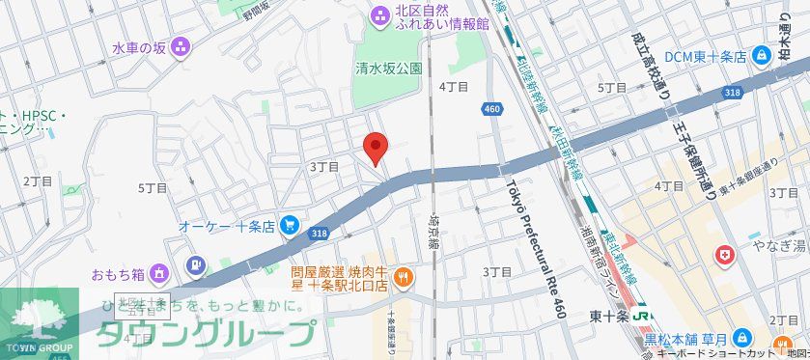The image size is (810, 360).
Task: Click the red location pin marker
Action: click(375, 148)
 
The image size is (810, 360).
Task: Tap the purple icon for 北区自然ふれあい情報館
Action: click(379, 14)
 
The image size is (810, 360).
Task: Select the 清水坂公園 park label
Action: click(389, 68)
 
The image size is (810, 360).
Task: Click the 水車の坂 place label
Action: click(138, 46)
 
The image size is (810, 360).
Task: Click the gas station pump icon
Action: click(196, 263)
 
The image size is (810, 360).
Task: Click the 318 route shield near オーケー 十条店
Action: click(320, 234)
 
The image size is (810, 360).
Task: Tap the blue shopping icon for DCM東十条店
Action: click(763, 56)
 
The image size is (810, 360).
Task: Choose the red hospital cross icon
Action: click(723, 256)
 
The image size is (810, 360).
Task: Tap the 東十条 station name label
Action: click(610, 316)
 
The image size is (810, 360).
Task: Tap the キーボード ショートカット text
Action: click(705, 353)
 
